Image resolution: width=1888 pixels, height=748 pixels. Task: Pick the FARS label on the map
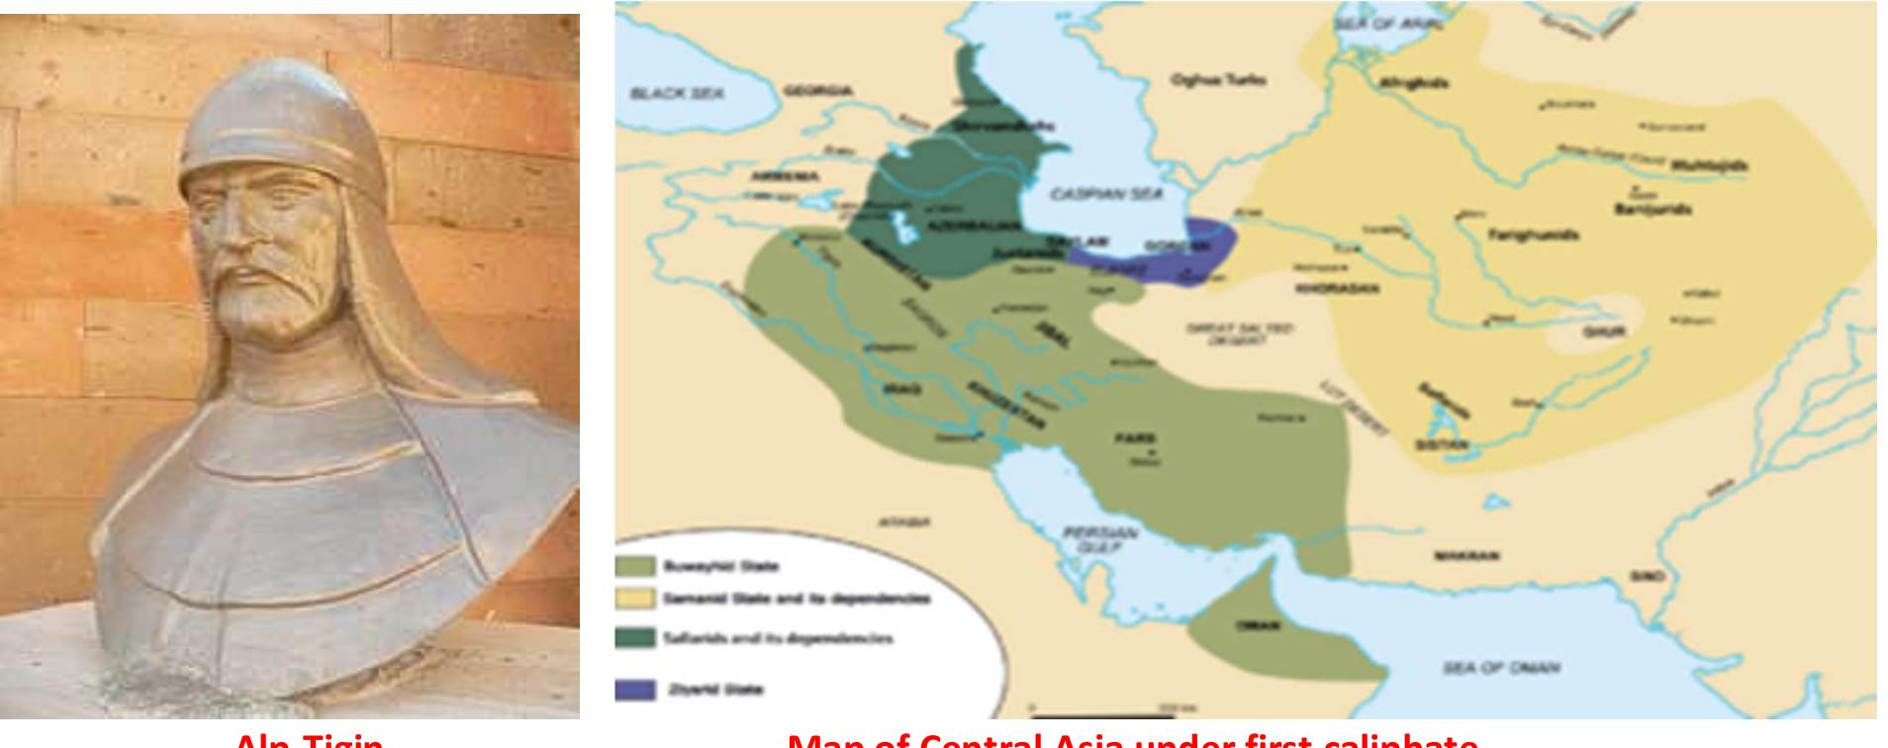(x=1127, y=437)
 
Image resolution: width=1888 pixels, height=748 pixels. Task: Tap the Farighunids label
(x=1532, y=235)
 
